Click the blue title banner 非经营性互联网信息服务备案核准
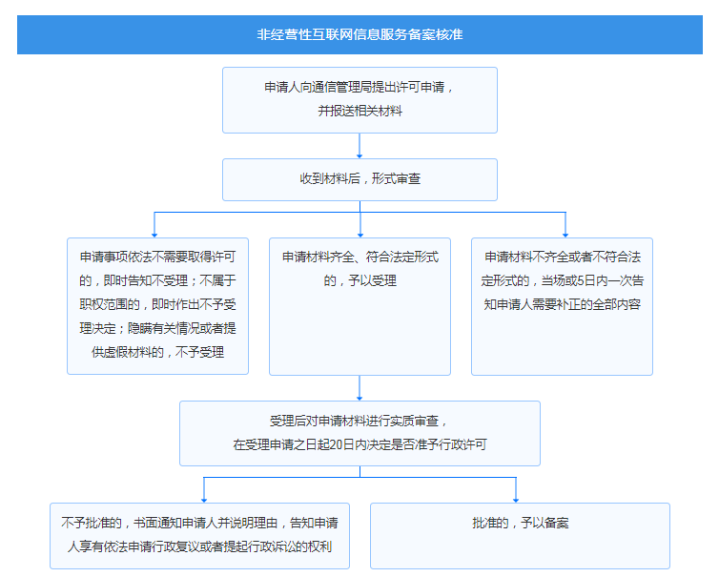coord(359,35)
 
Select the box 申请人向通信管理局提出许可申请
coord(359,100)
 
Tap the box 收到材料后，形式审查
coord(359,179)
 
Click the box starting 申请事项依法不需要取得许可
coord(157,306)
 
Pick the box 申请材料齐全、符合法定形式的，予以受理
coord(359,306)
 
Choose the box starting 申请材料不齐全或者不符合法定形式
coord(562,306)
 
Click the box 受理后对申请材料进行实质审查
coord(359,433)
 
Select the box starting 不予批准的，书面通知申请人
coord(199,536)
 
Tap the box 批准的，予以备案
coord(520,536)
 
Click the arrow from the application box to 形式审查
coord(359,146)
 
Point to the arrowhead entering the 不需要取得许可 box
coord(154,235)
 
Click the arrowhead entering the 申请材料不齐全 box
coord(565,235)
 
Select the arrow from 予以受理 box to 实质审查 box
coord(359,388)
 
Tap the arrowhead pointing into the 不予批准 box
coord(204,500)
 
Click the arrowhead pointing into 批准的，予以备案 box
coord(516,500)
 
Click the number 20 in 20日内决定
coord(323,444)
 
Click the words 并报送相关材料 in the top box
coord(359,111)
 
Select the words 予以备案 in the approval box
coord(544,523)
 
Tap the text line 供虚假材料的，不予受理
coord(157,352)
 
